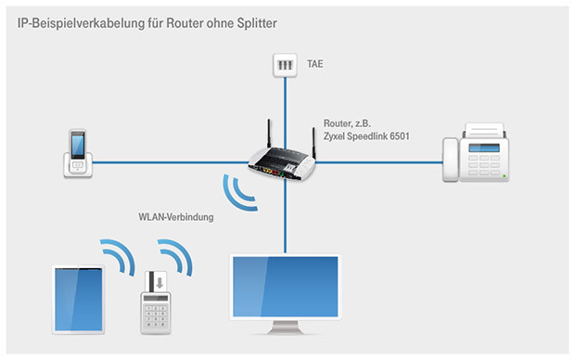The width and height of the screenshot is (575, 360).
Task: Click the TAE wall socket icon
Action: (x=285, y=66)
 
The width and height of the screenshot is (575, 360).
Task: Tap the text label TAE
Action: (x=317, y=66)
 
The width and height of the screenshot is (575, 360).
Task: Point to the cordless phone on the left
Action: (x=78, y=152)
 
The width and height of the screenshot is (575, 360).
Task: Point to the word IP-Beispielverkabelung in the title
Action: (x=75, y=19)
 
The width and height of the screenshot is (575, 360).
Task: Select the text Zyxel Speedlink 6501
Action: (x=366, y=136)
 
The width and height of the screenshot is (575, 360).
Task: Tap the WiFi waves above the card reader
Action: (x=173, y=255)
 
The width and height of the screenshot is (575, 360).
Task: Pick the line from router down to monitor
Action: (x=286, y=218)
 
